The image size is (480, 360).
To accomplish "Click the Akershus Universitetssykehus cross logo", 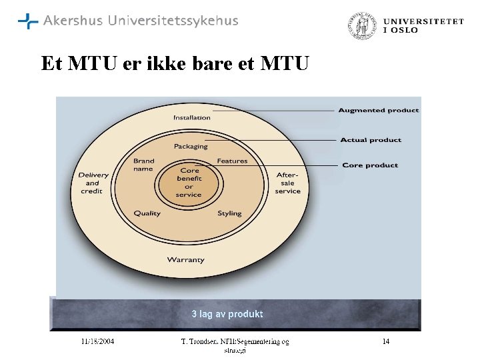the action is (28, 21).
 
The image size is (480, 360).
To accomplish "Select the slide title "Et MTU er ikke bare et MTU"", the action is (175, 64).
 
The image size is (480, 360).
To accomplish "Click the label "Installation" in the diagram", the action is (192, 118).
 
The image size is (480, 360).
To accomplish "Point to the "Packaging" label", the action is (191, 147).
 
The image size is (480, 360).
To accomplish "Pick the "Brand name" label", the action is (143, 165).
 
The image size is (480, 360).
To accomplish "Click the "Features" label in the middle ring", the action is (232, 161).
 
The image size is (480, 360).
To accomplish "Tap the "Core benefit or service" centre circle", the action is (189, 182).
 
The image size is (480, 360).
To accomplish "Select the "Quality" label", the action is (147, 213).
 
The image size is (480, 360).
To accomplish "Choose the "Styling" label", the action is (229, 213).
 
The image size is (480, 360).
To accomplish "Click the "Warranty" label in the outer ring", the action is (185, 260).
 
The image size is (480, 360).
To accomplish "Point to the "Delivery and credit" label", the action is (93, 183).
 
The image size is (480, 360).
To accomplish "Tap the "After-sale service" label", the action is (287, 183).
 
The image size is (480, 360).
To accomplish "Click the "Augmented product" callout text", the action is (379, 111).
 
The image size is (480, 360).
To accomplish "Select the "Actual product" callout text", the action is (371, 140).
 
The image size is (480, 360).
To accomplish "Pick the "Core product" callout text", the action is (370, 165).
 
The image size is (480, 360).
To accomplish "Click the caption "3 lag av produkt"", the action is (227, 314).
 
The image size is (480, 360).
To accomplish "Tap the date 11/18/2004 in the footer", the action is (97, 342).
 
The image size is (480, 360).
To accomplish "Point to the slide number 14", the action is (385, 342).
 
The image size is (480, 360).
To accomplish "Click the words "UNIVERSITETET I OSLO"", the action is (423, 26).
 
